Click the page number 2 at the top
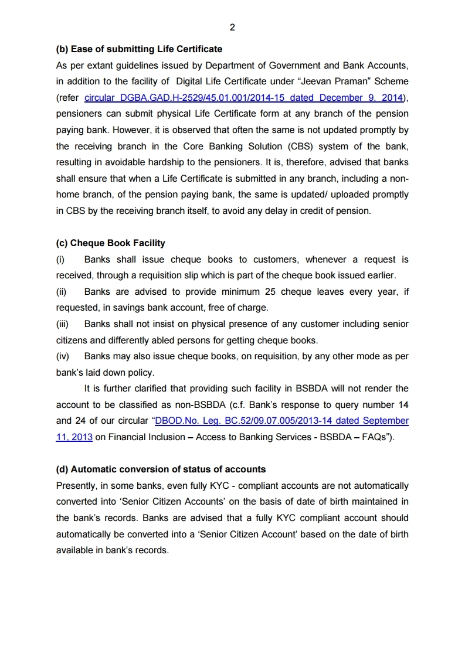[x=232, y=27]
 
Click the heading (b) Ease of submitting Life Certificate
[x=139, y=49]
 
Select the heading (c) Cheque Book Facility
[x=110, y=243]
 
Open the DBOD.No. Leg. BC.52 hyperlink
[x=281, y=420]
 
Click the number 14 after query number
[x=403, y=404]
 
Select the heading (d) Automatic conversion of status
[x=161, y=469]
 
